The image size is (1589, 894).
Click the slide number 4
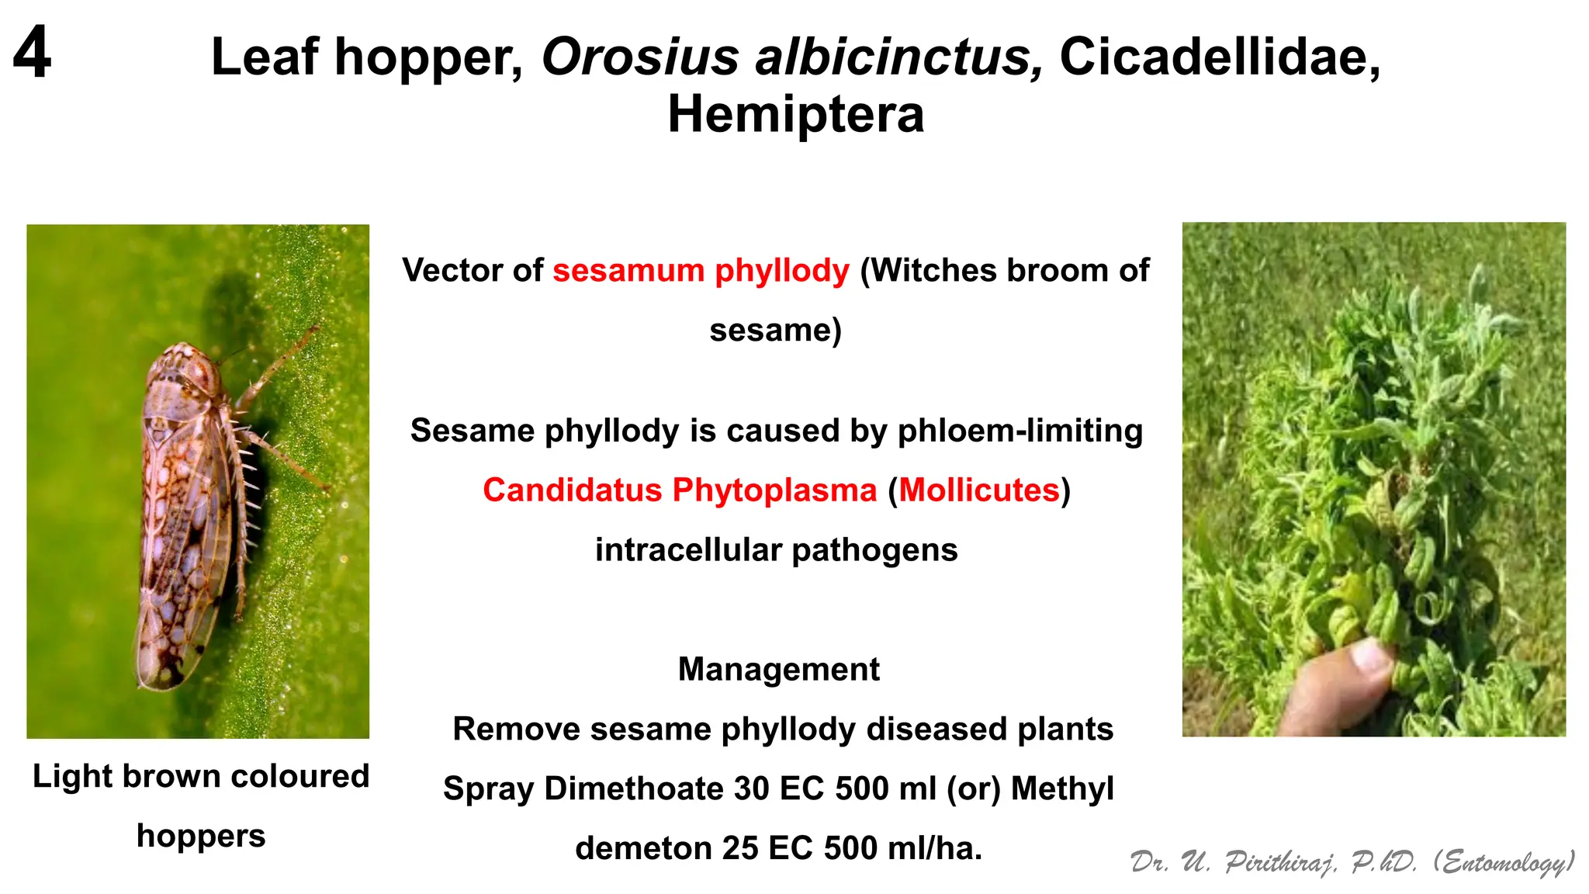[x=32, y=52]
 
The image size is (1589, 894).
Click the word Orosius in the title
[x=640, y=57]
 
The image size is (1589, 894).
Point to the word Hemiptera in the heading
[x=795, y=115]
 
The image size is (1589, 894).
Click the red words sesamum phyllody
[x=701, y=271]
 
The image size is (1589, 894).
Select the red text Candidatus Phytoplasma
[x=680, y=490]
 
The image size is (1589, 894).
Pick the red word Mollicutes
[x=979, y=490]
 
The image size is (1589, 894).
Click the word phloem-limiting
[x=1020, y=431]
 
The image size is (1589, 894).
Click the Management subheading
[x=778, y=669]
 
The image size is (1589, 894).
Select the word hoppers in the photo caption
[x=201, y=836]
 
